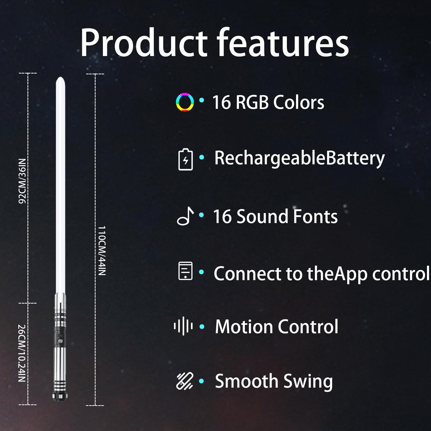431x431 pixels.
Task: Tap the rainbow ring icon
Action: click(185, 102)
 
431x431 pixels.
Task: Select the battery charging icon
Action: click(186, 159)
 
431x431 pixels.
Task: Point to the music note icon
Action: click(185, 216)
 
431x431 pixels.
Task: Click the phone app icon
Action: click(186, 271)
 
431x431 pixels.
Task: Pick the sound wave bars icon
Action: click(183, 326)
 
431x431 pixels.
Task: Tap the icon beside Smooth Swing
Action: click(185, 381)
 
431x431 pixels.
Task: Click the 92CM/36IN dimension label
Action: click(22, 181)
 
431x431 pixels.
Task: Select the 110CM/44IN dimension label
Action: click(102, 251)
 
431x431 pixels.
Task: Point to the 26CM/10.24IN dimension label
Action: click(22, 353)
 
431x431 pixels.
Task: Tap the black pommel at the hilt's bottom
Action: click(60, 395)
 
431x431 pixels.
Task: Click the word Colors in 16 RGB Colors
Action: click(299, 102)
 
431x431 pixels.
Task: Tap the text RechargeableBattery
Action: click(300, 159)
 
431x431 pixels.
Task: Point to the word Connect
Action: click(248, 274)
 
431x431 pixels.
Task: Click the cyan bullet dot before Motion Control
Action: click(202, 327)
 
